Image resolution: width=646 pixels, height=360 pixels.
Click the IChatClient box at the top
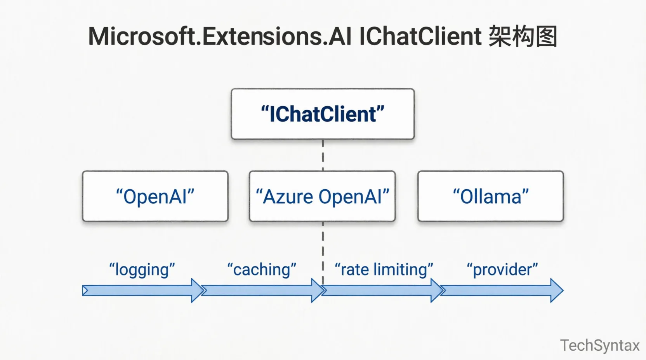pos(323,114)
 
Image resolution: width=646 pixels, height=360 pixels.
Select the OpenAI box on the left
pos(155,196)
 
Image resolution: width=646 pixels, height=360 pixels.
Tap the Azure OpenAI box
pos(322,196)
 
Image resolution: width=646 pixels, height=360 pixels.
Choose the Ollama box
pos(490,196)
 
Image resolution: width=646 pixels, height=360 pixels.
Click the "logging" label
pos(142,270)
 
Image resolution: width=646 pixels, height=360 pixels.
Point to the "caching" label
pos(262,270)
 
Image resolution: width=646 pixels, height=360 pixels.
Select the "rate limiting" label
pos(384,270)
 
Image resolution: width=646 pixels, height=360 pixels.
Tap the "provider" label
pos(502,270)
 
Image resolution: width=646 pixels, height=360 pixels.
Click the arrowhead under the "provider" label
pos(556,290)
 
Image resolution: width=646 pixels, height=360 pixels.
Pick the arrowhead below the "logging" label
pos(197,290)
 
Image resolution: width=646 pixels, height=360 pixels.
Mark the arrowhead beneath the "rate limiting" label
pos(437,290)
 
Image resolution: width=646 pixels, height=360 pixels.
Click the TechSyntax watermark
pos(599,345)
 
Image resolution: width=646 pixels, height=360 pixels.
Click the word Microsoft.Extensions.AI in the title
pos(220,36)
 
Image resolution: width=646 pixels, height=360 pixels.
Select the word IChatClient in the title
pos(420,36)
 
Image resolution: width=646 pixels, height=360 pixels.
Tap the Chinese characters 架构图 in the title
pos(523,36)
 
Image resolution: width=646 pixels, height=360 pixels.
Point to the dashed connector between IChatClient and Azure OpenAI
pos(323,155)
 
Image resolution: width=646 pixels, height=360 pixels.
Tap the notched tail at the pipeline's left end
pos(85,291)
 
